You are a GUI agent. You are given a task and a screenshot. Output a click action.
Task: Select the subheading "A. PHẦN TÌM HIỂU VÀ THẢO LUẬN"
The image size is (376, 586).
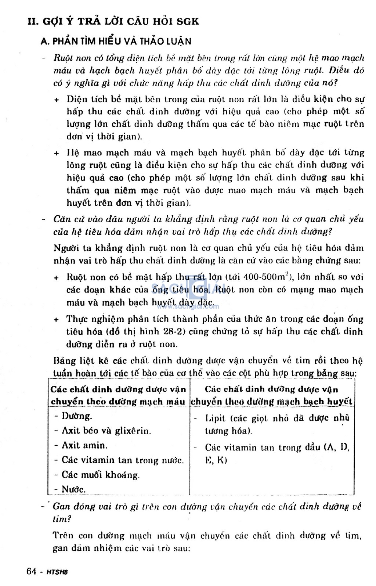116,41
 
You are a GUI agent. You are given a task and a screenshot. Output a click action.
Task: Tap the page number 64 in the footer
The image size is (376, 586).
32,571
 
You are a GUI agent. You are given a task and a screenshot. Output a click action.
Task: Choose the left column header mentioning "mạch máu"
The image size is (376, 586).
118,395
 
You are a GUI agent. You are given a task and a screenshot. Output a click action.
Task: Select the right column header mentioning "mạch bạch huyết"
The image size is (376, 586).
272,395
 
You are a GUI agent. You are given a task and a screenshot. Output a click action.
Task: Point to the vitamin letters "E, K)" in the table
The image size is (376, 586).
216,460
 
